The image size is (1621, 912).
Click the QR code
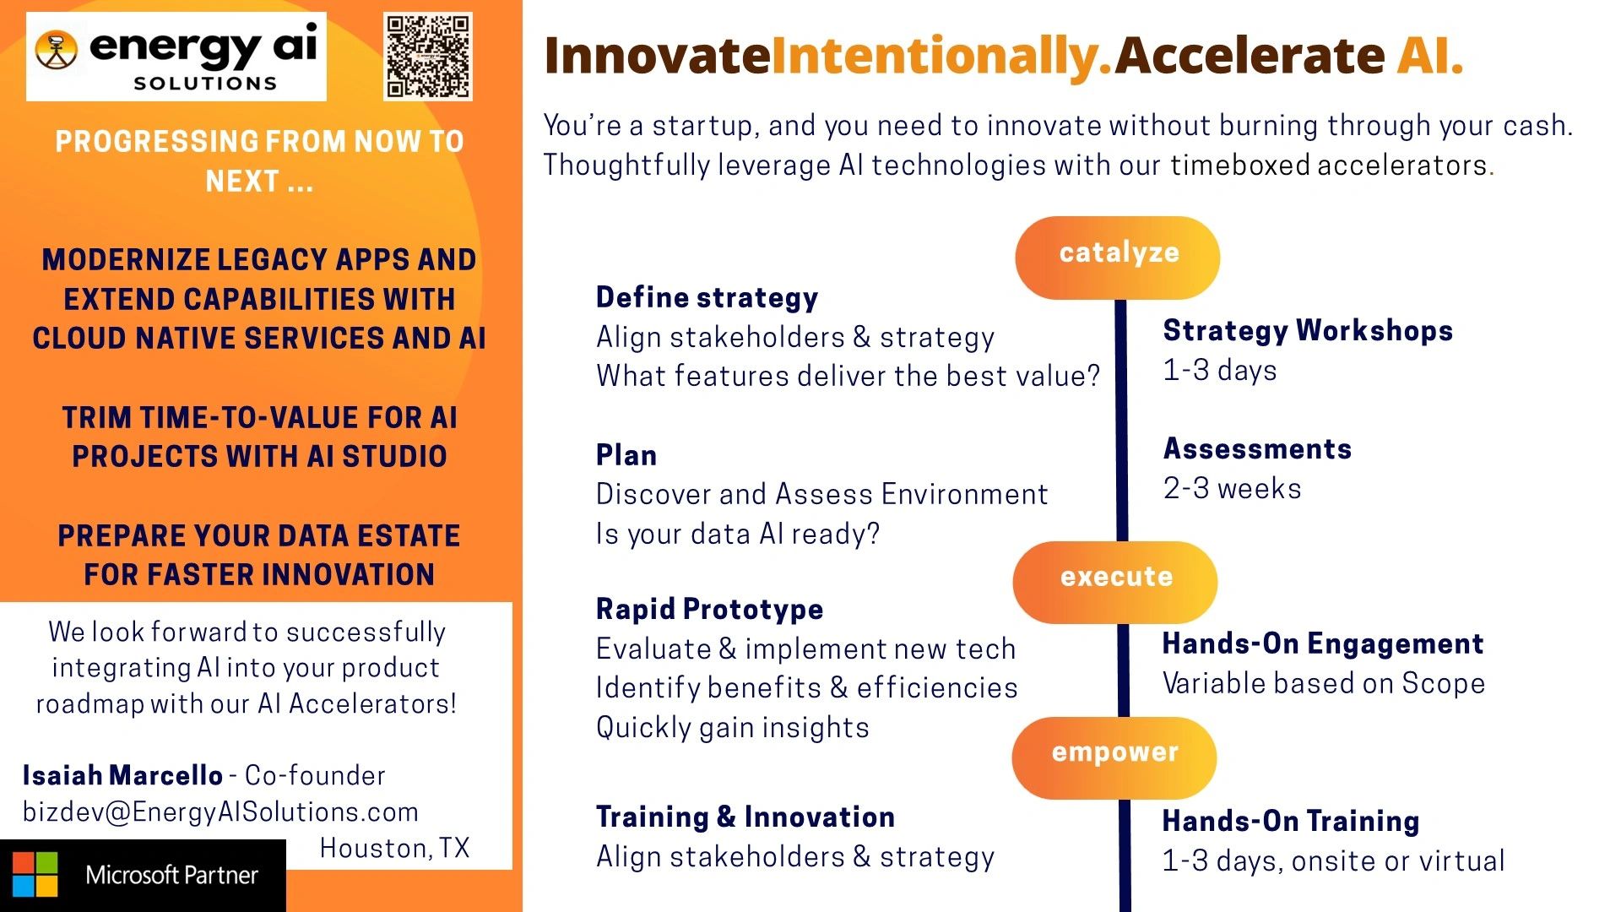pos(428,57)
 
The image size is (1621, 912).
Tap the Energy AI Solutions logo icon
pos(57,50)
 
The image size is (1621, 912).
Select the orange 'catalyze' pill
pos(1117,258)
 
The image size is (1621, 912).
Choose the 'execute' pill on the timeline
pos(1115,582)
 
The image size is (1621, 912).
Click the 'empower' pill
pos(1114,757)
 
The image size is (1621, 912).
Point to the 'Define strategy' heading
pos(707,298)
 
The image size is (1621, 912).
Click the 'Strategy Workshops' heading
pos(1308,330)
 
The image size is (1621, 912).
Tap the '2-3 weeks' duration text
pos(1233,488)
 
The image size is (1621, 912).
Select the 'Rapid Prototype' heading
pos(710,609)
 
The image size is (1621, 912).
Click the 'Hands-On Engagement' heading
pos(1323,643)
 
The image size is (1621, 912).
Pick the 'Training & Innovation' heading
pos(745,817)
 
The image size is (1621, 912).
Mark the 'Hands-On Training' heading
pos(1291,821)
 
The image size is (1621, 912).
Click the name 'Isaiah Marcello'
pos(123,775)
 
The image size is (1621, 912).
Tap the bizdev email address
pos(221,812)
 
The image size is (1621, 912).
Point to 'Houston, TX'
pos(394,848)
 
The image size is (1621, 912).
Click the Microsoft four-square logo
pos(35,874)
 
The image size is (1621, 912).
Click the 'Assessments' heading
pos(1258,448)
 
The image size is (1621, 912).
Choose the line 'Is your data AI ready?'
pos(738,534)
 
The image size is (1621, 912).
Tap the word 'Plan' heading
pos(626,455)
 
